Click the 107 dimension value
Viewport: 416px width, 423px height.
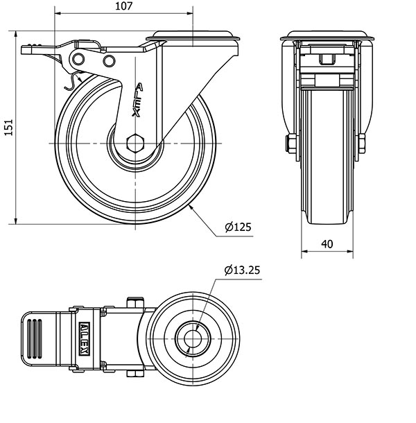click(x=124, y=6)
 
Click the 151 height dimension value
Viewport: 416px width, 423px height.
click(x=8, y=127)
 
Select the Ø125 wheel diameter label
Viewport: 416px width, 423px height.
click(x=238, y=227)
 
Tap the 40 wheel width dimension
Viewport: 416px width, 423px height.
click(x=327, y=244)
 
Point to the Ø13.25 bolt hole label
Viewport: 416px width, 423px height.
click(x=242, y=270)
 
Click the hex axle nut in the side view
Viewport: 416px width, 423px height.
click(x=135, y=143)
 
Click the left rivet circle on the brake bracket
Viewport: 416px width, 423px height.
click(x=78, y=59)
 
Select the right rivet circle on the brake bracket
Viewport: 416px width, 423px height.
click(x=109, y=61)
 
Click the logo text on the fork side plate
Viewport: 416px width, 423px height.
click(x=137, y=100)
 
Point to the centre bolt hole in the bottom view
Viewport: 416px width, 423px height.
click(x=193, y=338)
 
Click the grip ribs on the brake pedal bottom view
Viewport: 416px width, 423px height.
click(x=35, y=338)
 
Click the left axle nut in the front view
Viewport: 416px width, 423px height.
click(x=291, y=144)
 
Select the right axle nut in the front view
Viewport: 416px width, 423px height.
click(x=362, y=144)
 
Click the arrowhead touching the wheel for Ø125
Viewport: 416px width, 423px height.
click(x=191, y=207)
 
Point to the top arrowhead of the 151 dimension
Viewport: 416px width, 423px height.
click(x=16, y=34)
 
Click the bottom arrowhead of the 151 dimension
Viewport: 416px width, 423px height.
click(x=16, y=221)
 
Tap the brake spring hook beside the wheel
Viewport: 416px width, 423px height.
click(x=73, y=80)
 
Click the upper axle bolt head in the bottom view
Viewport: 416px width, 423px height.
click(x=135, y=302)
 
